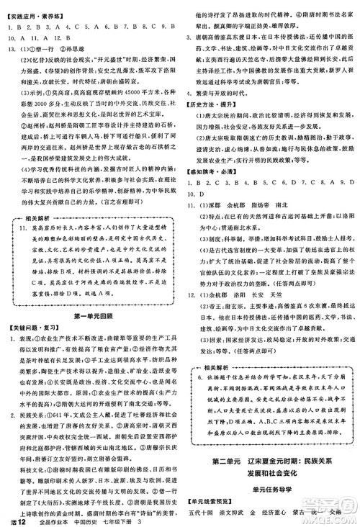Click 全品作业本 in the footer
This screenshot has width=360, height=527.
60,519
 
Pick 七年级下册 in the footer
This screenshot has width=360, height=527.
132,519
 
